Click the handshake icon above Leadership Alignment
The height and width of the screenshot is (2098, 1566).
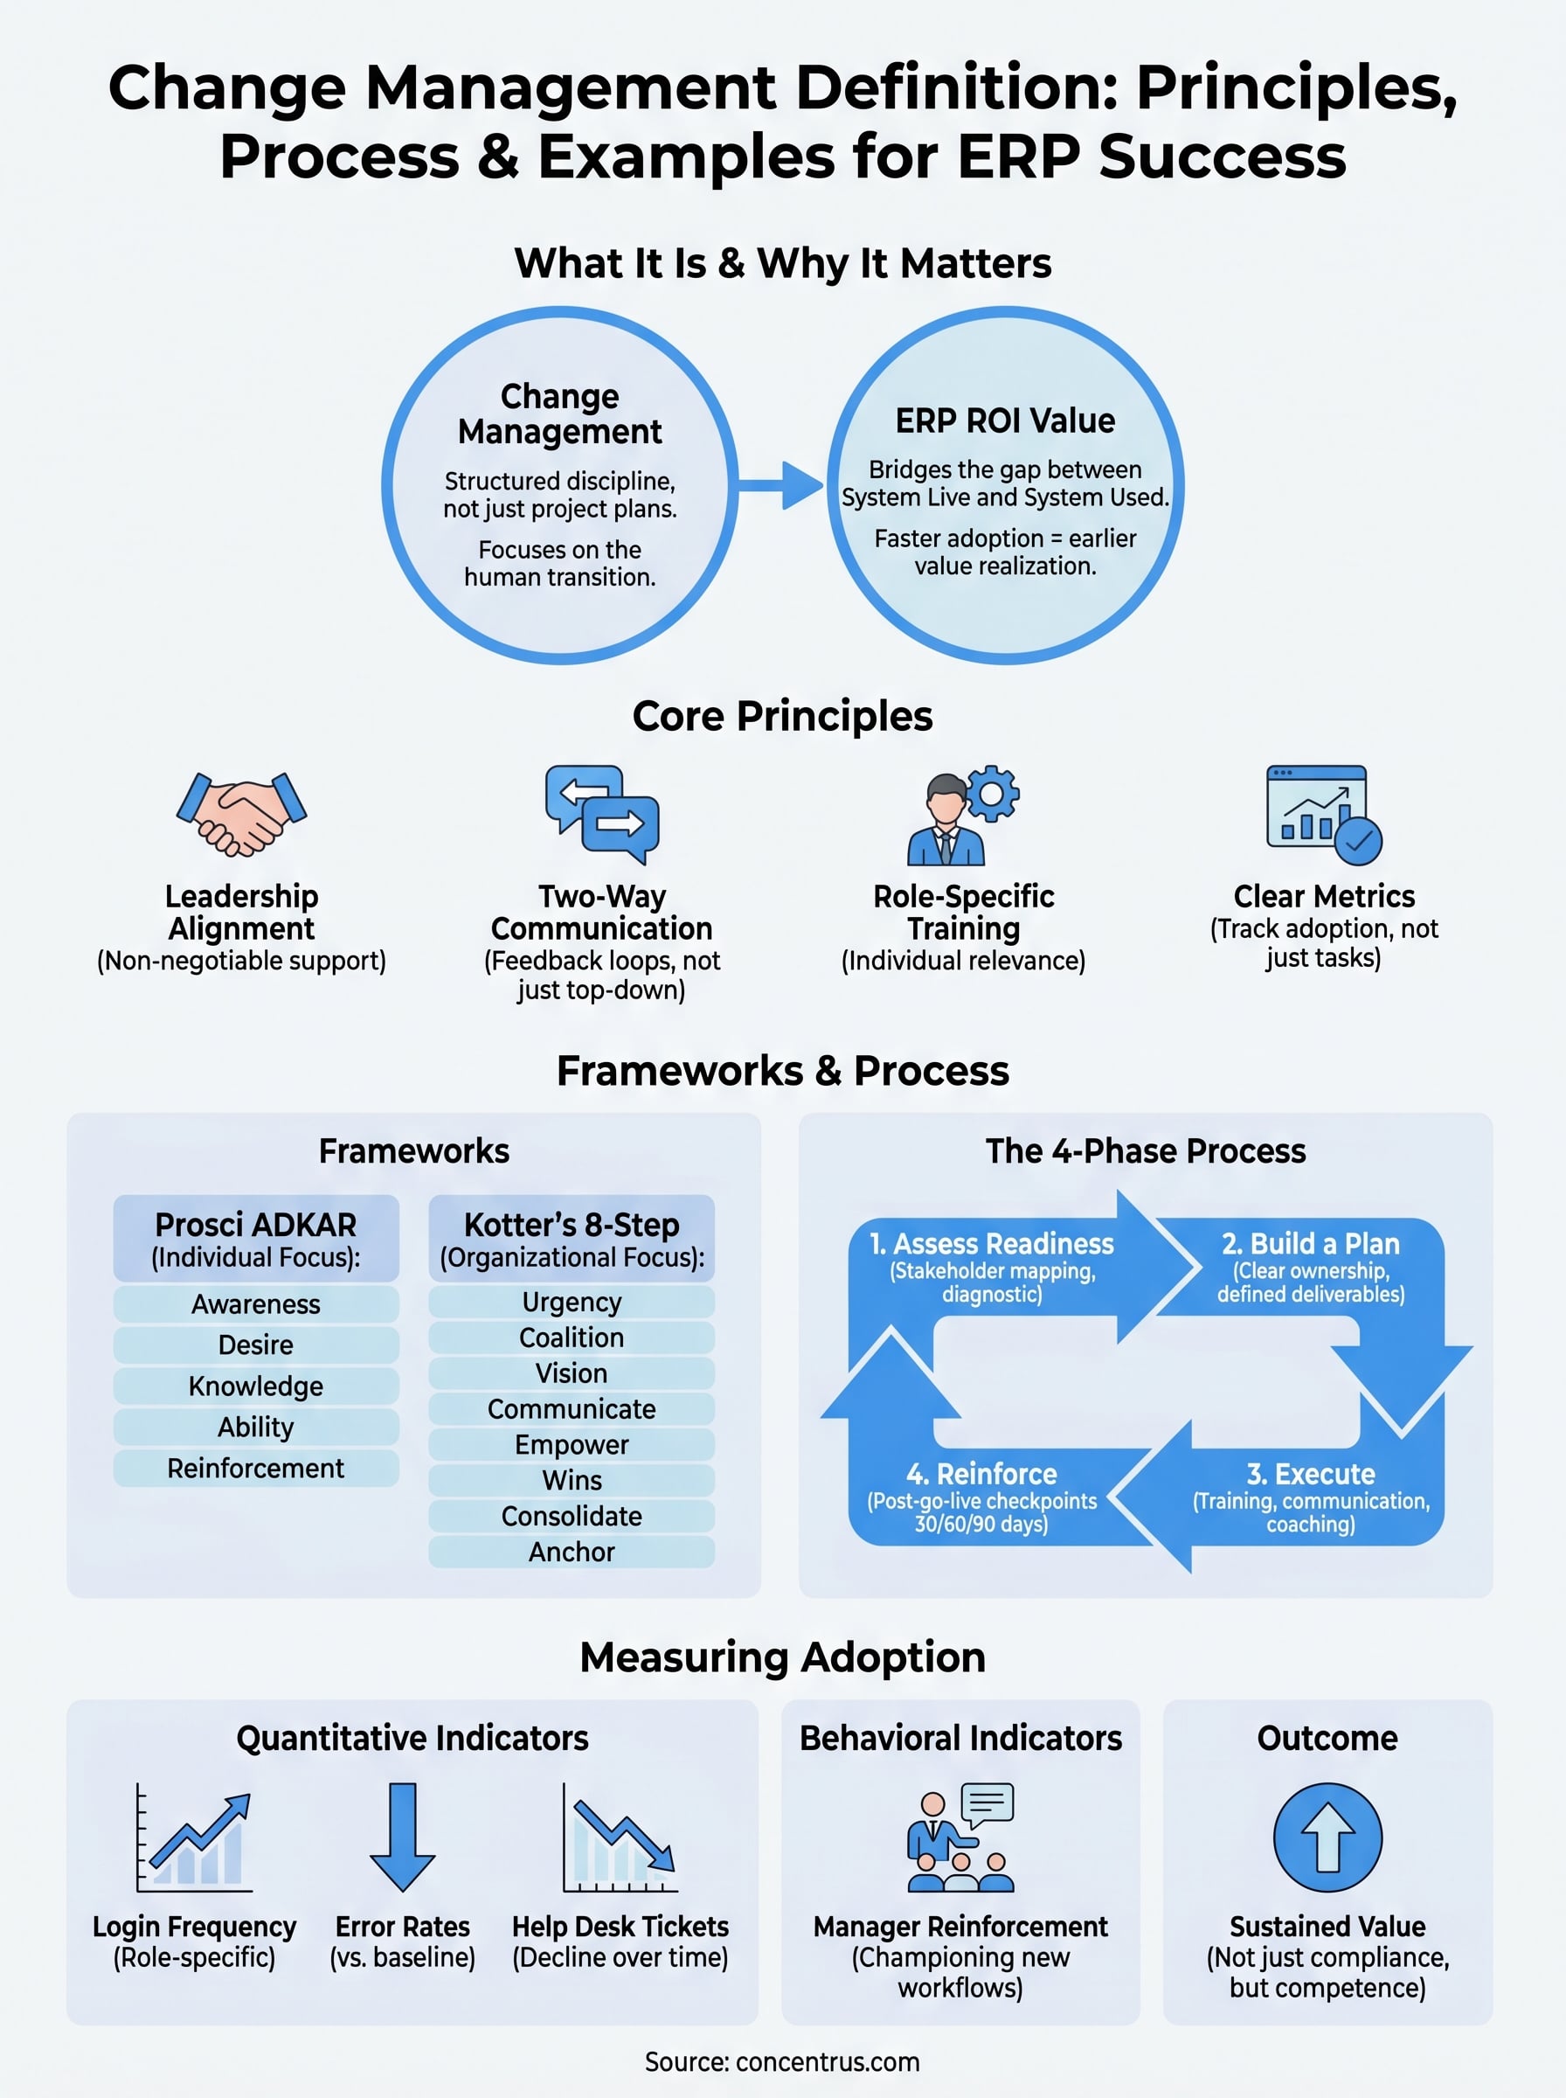(241, 814)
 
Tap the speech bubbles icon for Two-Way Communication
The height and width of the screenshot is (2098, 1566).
(602, 815)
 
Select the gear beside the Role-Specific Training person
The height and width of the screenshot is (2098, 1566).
(993, 793)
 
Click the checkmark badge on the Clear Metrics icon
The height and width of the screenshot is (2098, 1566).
(1358, 840)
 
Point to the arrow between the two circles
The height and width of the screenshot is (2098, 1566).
(781, 485)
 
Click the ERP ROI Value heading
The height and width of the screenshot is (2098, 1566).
(1005, 421)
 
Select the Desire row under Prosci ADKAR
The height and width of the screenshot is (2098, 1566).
(256, 1344)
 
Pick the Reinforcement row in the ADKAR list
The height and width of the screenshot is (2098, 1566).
(256, 1468)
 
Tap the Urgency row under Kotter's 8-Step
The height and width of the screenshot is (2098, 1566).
(572, 1302)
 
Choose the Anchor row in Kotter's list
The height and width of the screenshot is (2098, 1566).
(572, 1552)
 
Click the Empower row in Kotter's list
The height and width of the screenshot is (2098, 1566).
(572, 1445)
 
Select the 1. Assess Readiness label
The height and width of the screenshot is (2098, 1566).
(992, 1244)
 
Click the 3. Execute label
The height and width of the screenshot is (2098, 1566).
(1310, 1474)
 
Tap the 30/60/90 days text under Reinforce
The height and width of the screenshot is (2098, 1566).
(981, 1525)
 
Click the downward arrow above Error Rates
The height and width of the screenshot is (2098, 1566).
(403, 1837)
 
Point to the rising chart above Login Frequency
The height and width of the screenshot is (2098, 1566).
(195, 1839)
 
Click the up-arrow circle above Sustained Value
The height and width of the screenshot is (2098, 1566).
(1327, 1837)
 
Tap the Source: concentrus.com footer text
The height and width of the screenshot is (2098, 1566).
(782, 2062)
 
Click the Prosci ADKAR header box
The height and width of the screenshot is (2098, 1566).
(256, 1238)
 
